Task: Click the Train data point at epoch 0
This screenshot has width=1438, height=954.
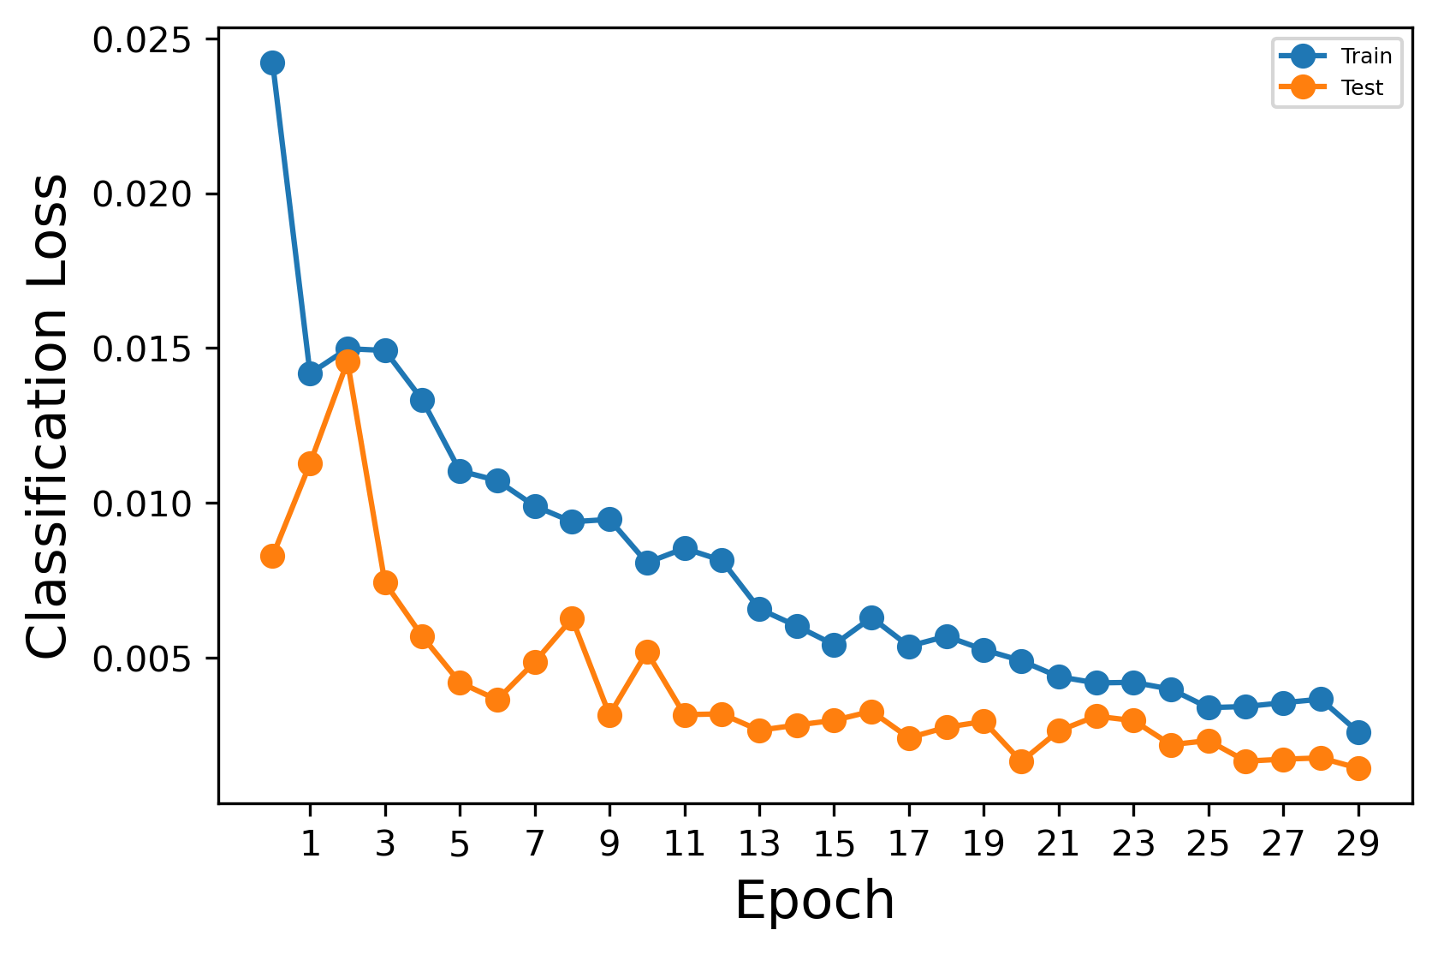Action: tap(272, 63)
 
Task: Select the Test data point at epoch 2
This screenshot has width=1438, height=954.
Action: tap(348, 362)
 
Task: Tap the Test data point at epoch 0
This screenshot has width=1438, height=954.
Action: tap(272, 556)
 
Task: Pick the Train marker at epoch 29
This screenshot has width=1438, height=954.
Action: tap(1358, 732)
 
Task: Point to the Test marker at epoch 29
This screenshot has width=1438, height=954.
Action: tap(1358, 768)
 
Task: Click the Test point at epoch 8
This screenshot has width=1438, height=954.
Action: tap(573, 618)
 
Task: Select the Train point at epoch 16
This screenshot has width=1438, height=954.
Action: tap(871, 617)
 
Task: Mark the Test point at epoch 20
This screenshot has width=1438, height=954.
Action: tap(1021, 761)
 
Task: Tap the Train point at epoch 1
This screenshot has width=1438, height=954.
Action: tap(310, 373)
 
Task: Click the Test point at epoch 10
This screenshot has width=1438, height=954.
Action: tap(647, 652)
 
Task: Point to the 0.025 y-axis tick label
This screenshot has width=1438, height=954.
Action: tap(141, 41)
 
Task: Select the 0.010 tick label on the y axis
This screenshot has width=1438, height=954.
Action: tap(141, 504)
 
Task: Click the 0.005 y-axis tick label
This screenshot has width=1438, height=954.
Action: tap(141, 659)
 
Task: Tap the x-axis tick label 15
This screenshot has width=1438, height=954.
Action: tap(834, 845)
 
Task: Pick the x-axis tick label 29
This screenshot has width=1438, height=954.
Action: tap(1358, 845)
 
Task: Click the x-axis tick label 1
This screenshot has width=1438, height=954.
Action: tap(310, 845)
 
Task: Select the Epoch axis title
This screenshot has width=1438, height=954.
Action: tap(814, 901)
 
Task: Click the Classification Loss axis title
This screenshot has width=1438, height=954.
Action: tap(48, 416)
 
